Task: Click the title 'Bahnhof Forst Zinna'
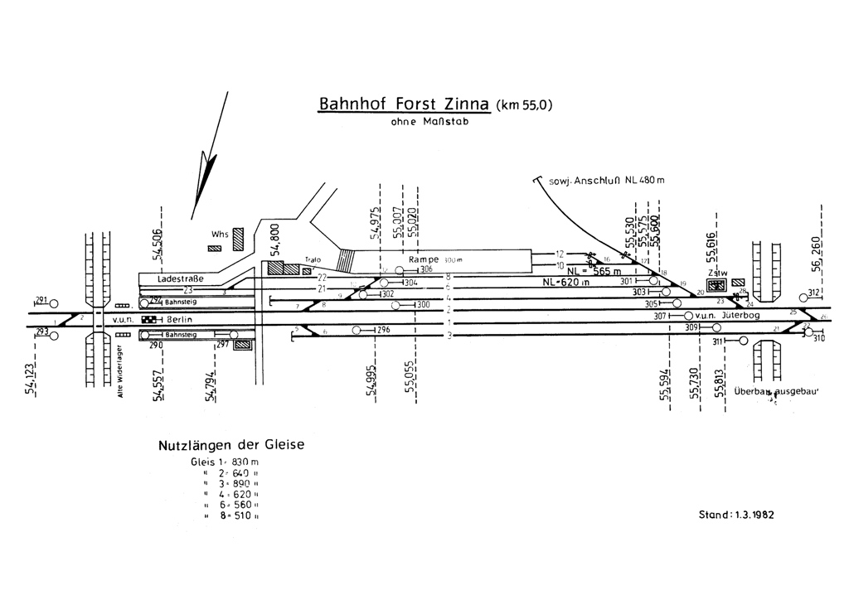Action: pyautogui.click(x=405, y=105)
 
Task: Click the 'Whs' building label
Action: pyautogui.click(x=219, y=235)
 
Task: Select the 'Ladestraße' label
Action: pyautogui.click(x=180, y=279)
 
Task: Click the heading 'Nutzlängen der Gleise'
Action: pyautogui.click(x=231, y=445)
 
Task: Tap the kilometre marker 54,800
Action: pyautogui.click(x=277, y=241)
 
